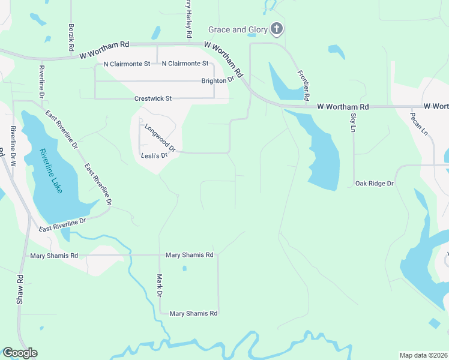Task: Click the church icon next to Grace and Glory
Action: (277, 29)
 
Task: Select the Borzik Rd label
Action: (71, 37)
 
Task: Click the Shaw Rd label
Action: (20, 289)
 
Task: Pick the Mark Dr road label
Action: (160, 286)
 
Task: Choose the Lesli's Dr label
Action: (153, 155)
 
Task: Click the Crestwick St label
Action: (153, 98)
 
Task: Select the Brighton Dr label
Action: (217, 80)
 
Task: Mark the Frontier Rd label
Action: (303, 85)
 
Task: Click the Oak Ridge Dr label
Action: (374, 184)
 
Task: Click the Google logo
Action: (20, 353)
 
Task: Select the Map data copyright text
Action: (423, 355)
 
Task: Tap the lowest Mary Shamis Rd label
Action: (193, 314)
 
